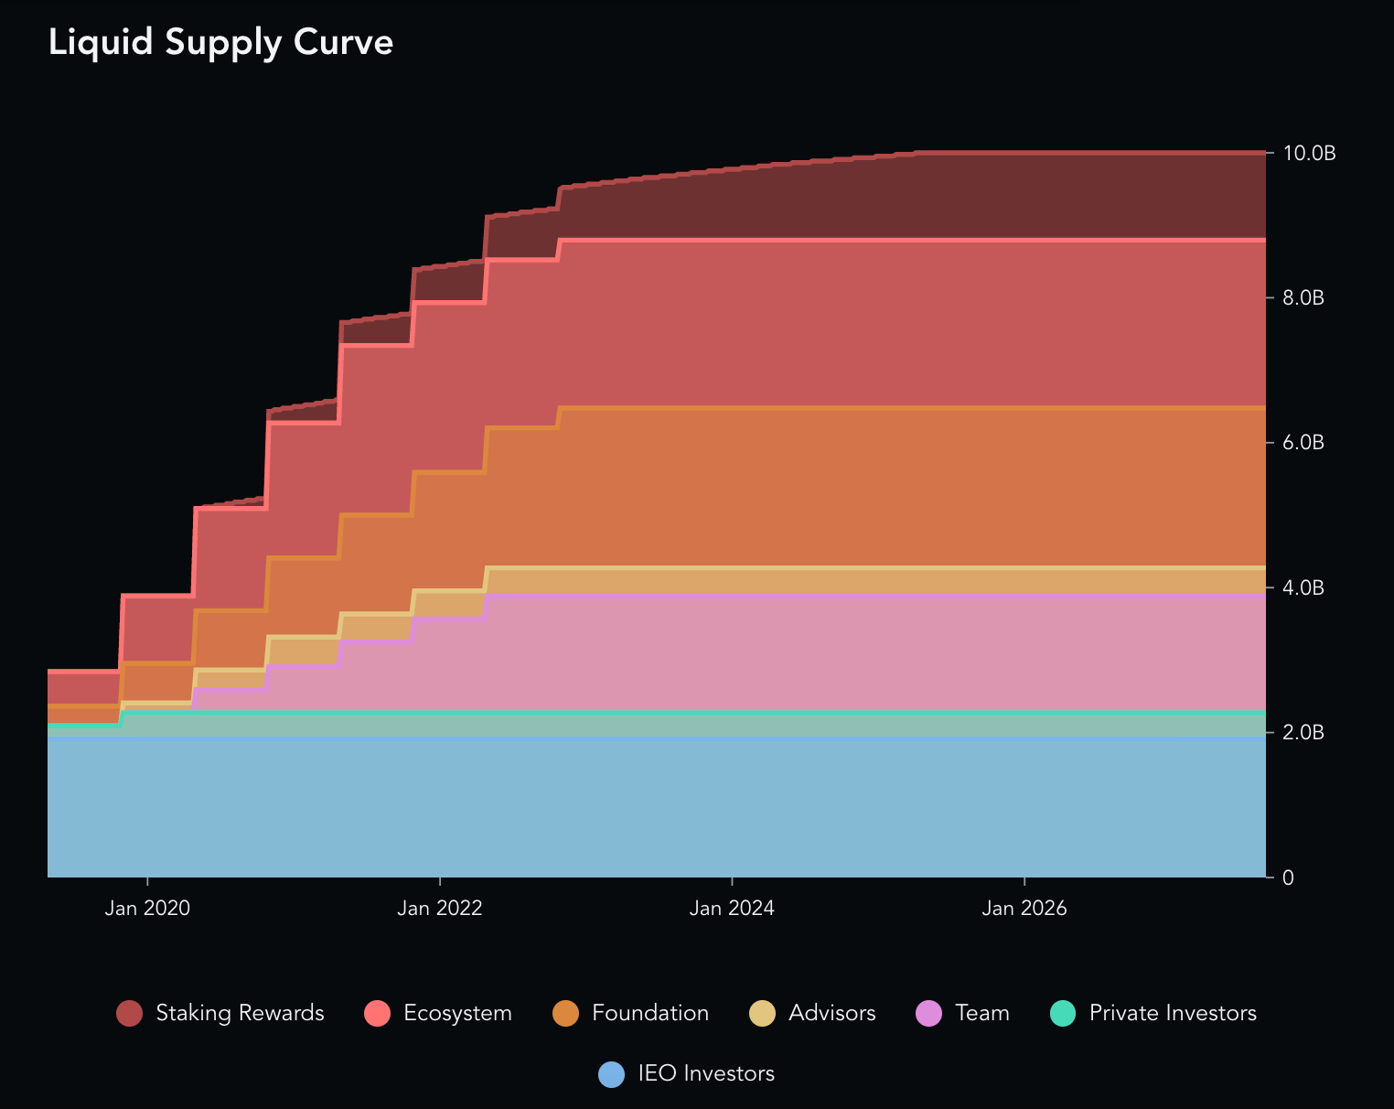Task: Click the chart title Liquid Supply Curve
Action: tap(220, 43)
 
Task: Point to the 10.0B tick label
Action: tap(1309, 153)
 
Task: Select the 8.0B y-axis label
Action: tap(1303, 298)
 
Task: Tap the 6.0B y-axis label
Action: tap(1303, 443)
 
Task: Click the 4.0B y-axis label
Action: tap(1303, 587)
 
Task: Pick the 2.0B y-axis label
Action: tap(1303, 733)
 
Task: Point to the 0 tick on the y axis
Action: tap(1289, 878)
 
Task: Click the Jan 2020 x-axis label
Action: tap(147, 909)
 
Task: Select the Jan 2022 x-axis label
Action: tap(440, 909)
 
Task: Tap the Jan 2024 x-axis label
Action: tap(732, 909)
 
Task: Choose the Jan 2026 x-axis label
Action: tap(1024, 909)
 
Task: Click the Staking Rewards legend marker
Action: tap(129, 1014)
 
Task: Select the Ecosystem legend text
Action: tap(457, 1014)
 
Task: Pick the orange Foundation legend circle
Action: tap(566, 1014)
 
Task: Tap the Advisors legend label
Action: tap(831, 1014)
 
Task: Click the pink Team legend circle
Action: tap(928, 1014)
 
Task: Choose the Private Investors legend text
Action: tap(1173, 1014)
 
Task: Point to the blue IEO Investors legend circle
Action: tap(611, 1074)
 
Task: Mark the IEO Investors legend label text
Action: tap(705, 1074)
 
